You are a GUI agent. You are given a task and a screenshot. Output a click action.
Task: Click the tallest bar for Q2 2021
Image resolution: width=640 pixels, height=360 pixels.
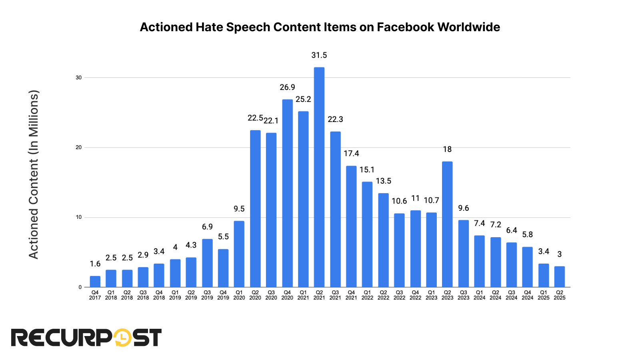pyautogui.click(x=319, y=177)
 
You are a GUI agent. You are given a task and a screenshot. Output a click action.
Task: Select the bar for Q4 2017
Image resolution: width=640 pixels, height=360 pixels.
pyautogui.click(x=95, y=282)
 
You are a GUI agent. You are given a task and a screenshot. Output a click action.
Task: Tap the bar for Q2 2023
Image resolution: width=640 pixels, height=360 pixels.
pyautogui.click(x=447, y=224)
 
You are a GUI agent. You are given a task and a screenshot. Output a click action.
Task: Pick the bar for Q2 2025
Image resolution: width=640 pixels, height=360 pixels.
pyautogui.click(x=560, y=277)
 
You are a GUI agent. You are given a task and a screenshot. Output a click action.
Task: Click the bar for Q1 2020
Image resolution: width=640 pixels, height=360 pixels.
pyautogui.click(x=239, y=254)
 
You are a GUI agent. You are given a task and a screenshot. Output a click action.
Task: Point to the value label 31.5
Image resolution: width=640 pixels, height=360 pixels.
pyautogui.click(x=319, y=55)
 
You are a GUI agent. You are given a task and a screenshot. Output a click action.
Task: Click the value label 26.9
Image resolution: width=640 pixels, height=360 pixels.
pyautogui.click(x=287, y=87)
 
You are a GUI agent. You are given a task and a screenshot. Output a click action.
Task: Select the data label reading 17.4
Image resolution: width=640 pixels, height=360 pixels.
pyautogui.click(x=351, y=154)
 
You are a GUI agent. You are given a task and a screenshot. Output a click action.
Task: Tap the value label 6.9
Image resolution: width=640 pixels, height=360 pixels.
pyautogui.click(x=207, y=227)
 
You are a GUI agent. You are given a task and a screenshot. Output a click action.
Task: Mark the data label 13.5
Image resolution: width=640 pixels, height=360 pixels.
pyautogui.click(x=383, y=181)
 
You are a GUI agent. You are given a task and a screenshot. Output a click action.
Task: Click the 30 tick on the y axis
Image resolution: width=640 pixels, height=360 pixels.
pyautogui.click(x=79, y=78)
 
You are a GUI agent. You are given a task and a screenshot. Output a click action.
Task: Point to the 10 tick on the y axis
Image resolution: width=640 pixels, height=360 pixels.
pyautogui.click(x=79, y=217)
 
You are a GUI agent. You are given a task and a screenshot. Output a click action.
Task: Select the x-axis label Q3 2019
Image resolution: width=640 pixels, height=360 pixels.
pyautogui.click(x=207, y=295)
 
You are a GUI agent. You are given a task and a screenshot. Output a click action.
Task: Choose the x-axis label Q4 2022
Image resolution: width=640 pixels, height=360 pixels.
pyautogui.click(x=415, y=295)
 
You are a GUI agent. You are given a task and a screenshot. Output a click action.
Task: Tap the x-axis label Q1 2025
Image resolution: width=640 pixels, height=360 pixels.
pyautogui.click(x=544, y=295)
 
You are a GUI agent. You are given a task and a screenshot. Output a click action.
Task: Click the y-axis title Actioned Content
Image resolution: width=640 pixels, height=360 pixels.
pyautogui.click(x=34, y=174)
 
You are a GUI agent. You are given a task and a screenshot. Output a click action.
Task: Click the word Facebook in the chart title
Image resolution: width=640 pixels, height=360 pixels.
pyautogui.click(x=406, y=27)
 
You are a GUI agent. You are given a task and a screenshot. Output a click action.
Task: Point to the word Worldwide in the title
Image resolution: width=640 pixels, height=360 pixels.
pyautogui.click(x=468, y=27)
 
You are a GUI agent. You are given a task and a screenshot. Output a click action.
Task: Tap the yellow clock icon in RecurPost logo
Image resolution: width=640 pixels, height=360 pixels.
pyautogui.click(x=123, y=338)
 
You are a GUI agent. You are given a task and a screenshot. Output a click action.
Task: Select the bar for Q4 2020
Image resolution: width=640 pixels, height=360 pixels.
pyautogui.click(x=287, y=193)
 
